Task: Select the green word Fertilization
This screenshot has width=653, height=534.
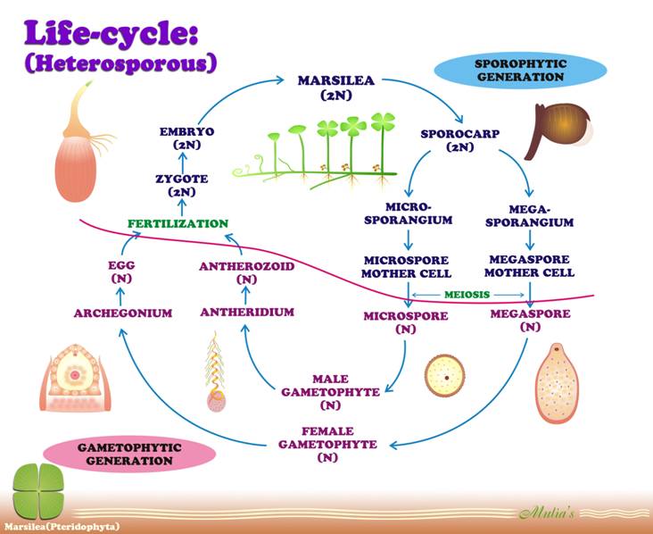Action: (x=178, y=223)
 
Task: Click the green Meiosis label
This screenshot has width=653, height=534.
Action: (x=469, y=293)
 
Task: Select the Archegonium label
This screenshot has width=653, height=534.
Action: (x=123, y=313)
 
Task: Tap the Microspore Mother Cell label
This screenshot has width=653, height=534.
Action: (x=406, y=266)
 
